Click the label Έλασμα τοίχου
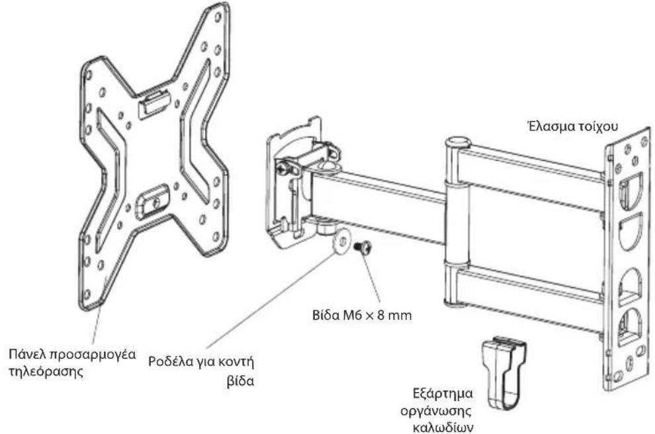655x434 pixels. click(x=572, y=126)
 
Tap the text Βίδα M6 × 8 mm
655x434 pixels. click(x=362, y=314)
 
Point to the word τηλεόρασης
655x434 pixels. click(x=46, y=371)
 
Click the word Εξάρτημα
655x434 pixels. click(x=443, y=394)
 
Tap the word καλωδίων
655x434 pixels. click(x=443, y=427)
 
